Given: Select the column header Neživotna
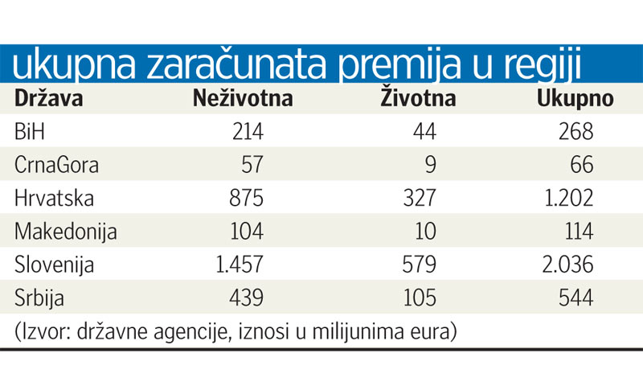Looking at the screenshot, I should coord(242,99).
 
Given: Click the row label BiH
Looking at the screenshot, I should coord(31,132).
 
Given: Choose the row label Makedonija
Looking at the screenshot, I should coord(66,232).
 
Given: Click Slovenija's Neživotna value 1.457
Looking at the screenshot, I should coord(229,265).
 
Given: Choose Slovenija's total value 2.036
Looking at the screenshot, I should coord(562,265).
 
